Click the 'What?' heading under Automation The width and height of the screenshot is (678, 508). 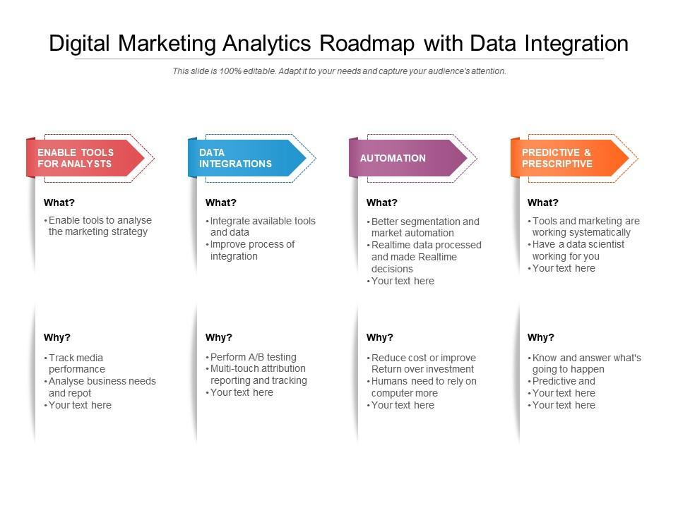(382, 202)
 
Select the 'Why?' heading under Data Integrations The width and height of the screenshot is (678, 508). (219, 337)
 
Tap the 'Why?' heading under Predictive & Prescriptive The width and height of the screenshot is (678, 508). (541, 337)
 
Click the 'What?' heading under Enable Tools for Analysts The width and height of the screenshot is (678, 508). (59, 202)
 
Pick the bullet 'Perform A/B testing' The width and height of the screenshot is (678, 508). (254, 357)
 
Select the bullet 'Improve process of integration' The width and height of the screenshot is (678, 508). (252, 250)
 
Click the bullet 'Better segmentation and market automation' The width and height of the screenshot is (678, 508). (424, 227)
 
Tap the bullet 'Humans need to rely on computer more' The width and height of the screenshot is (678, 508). (424, 387)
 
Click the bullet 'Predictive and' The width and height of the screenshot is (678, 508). (564, 381)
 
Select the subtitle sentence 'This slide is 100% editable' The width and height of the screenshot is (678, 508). (225, 71)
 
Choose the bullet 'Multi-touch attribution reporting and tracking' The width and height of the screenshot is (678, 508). (258, 375)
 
